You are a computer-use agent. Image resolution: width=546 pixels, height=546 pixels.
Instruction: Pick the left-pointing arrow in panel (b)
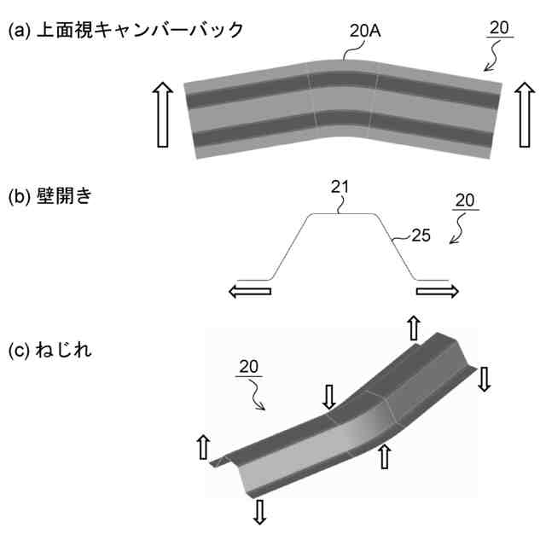(249, 291)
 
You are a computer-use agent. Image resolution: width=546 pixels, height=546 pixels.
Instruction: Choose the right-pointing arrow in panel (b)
(438, 291)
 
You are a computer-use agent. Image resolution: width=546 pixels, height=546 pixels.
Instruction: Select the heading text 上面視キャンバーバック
(136, 30)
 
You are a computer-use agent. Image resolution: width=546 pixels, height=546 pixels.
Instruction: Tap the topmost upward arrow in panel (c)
(412, 327)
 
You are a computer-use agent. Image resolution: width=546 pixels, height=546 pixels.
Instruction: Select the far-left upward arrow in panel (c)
(203, 445)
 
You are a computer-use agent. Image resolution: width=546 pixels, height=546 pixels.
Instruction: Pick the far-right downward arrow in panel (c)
(484, 378)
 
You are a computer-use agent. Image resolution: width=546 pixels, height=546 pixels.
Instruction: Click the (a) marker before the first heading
(20, 30)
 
